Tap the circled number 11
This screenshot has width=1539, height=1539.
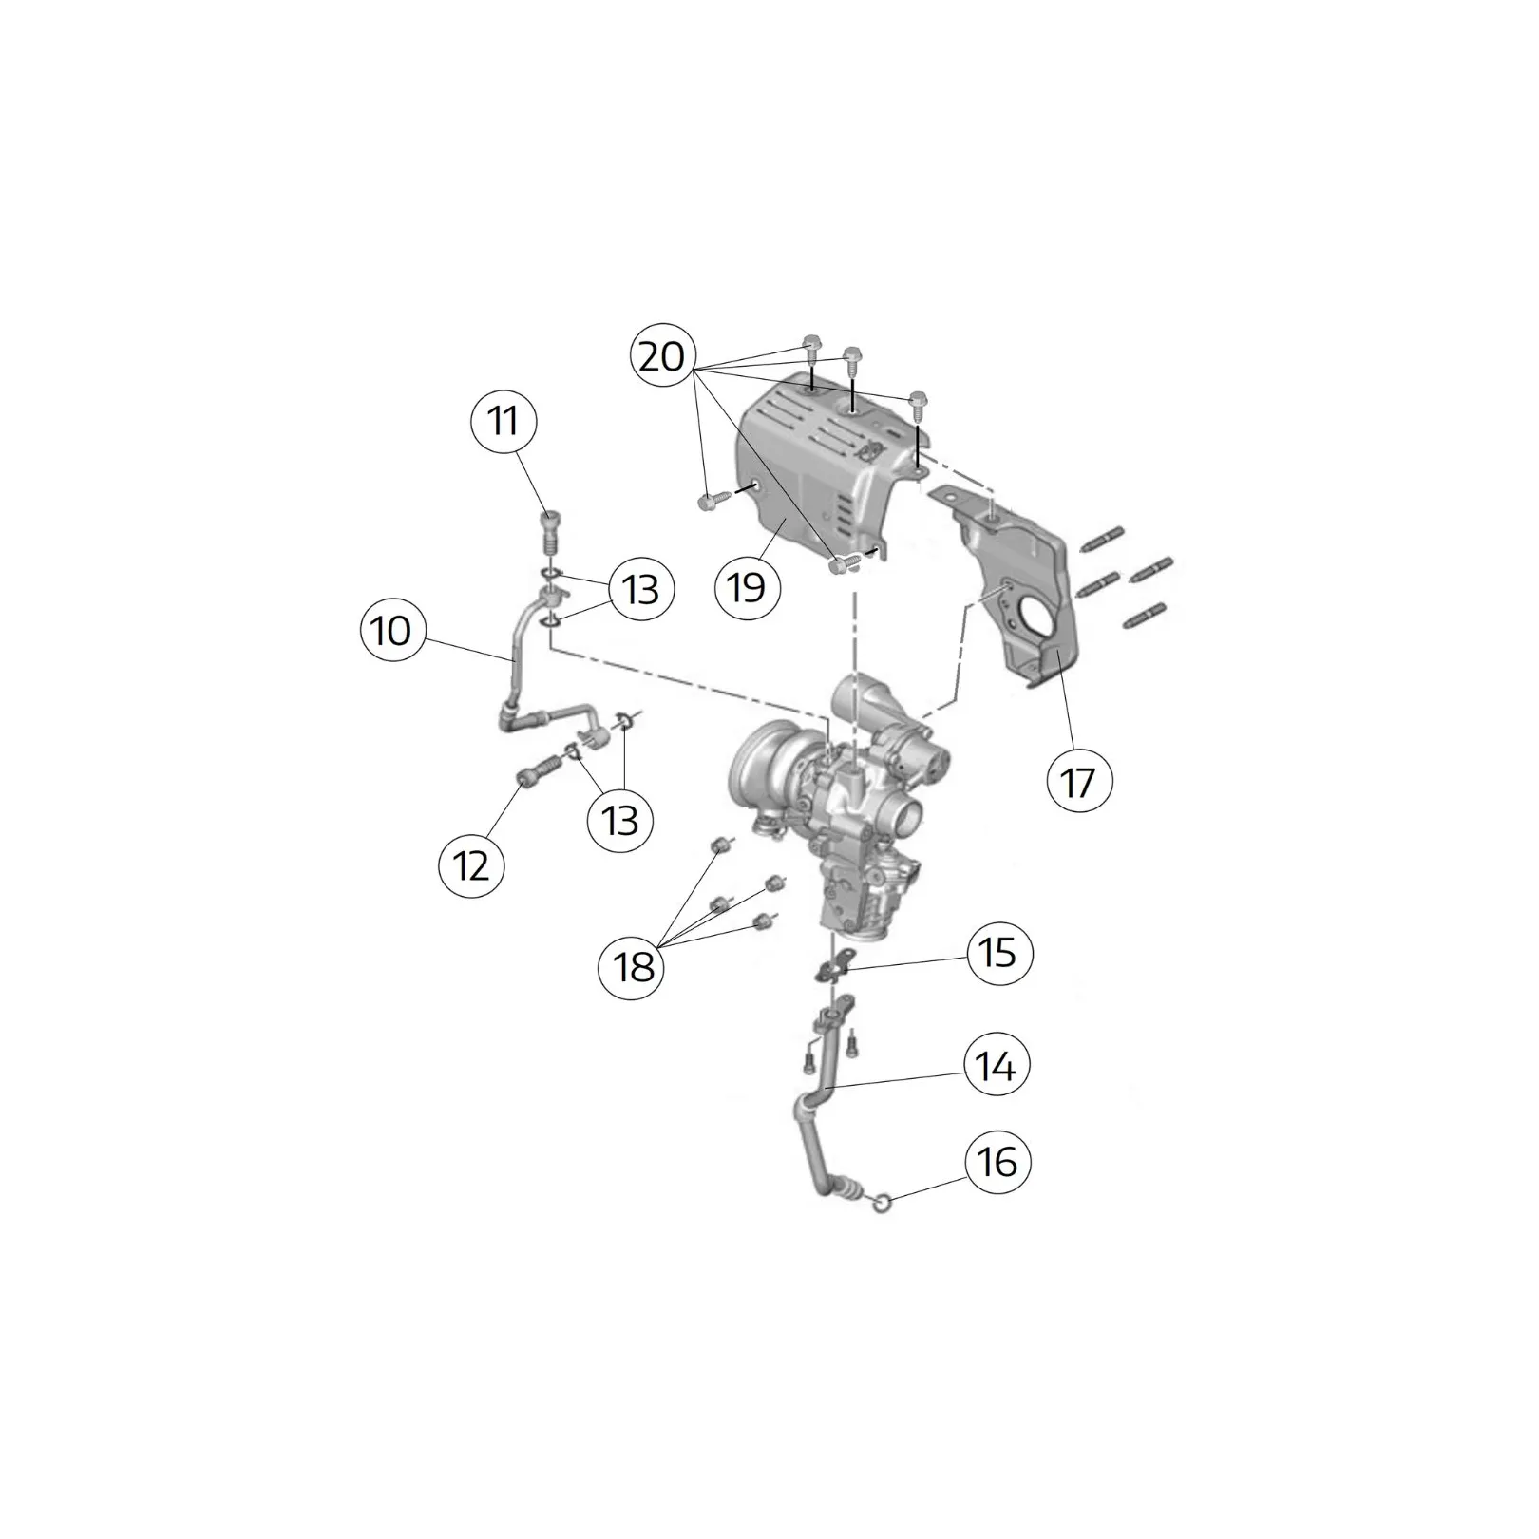[503, 421]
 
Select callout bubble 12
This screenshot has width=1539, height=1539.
[472, 865]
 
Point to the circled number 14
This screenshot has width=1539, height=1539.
[997, 1066]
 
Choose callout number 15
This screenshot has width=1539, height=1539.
[998, 952]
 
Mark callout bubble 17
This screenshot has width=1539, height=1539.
[1078, 783]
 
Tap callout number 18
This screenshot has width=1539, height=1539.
[632, 966]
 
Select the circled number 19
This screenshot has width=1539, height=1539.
[748, 586]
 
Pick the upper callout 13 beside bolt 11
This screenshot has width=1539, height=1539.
[641, 589]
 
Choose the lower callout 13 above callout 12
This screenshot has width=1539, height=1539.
[620, 818]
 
